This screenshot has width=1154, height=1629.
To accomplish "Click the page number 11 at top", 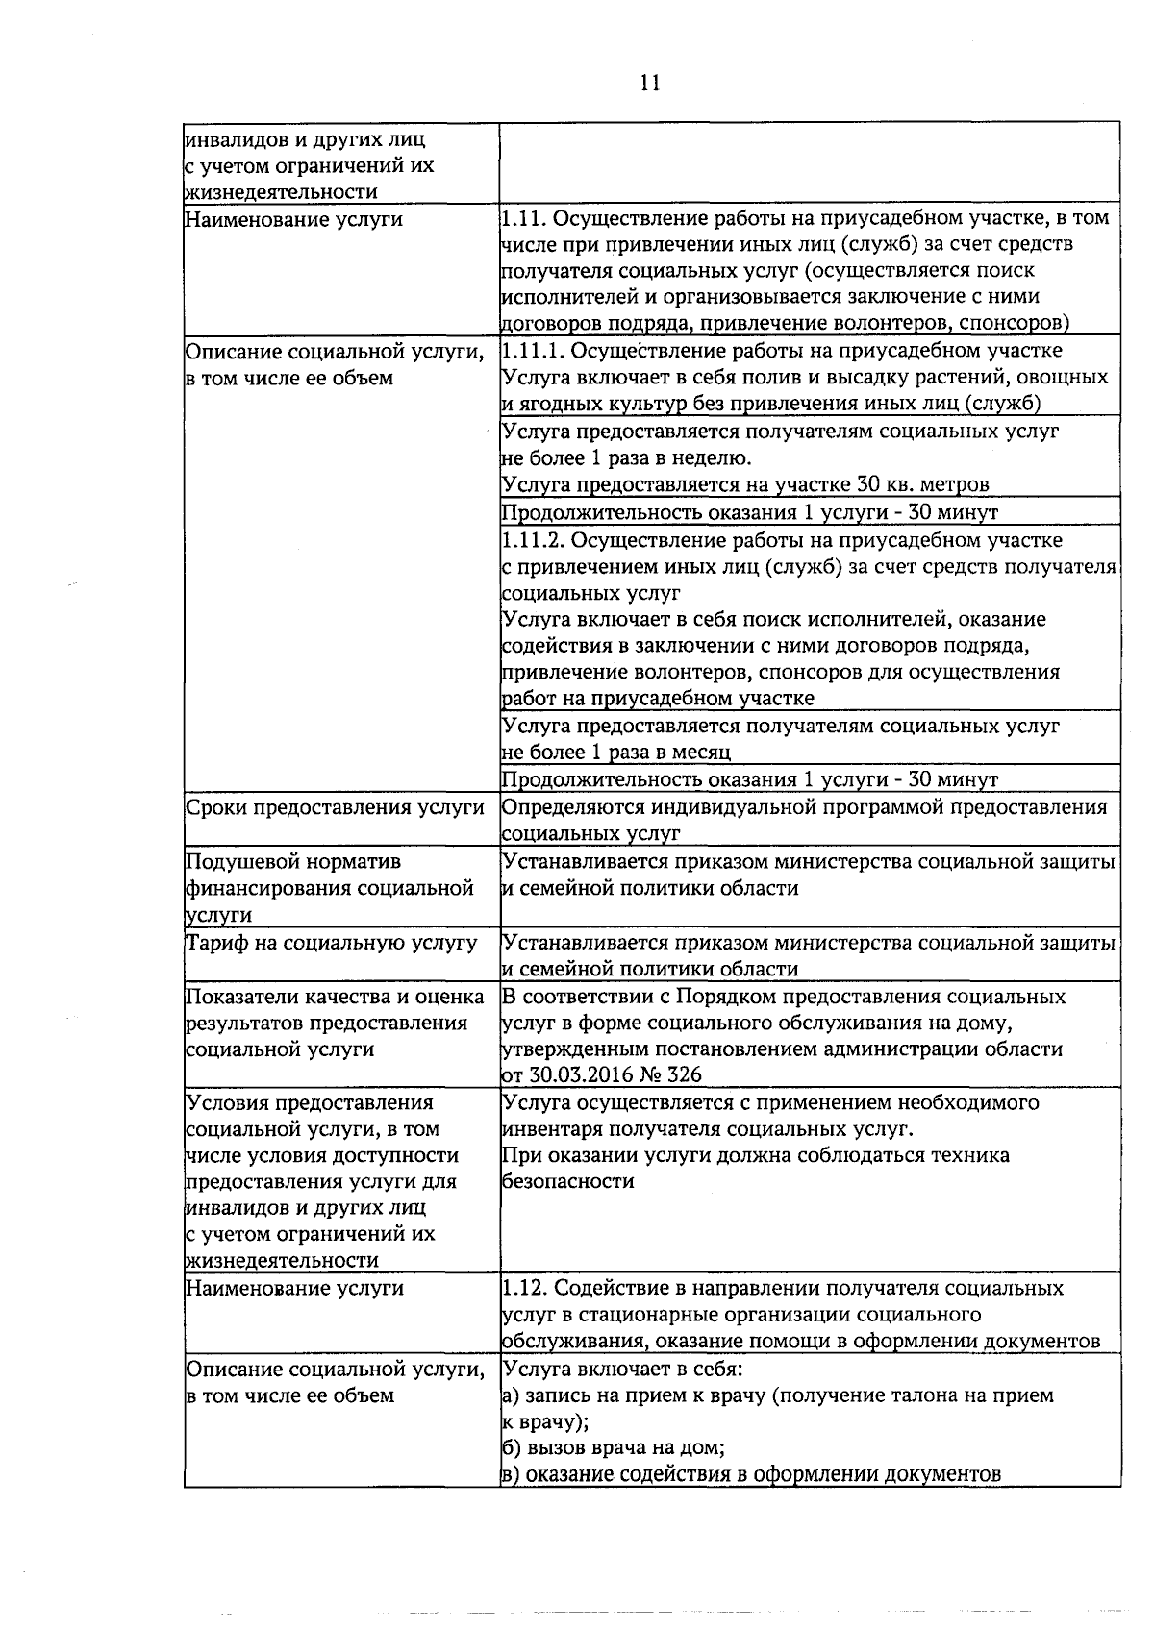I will click(649, 84).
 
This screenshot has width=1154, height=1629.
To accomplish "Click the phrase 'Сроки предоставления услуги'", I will click(335, 807).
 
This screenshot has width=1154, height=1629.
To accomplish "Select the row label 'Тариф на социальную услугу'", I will click(331, 943).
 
